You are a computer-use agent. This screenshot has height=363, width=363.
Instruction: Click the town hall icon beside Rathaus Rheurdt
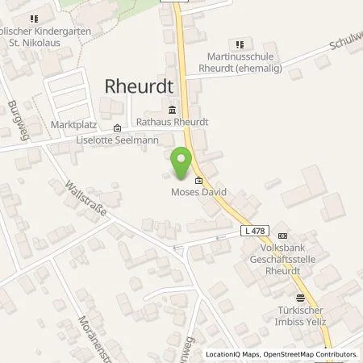coord(171,111)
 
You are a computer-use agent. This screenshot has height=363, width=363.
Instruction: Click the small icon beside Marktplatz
coord(118,127)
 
